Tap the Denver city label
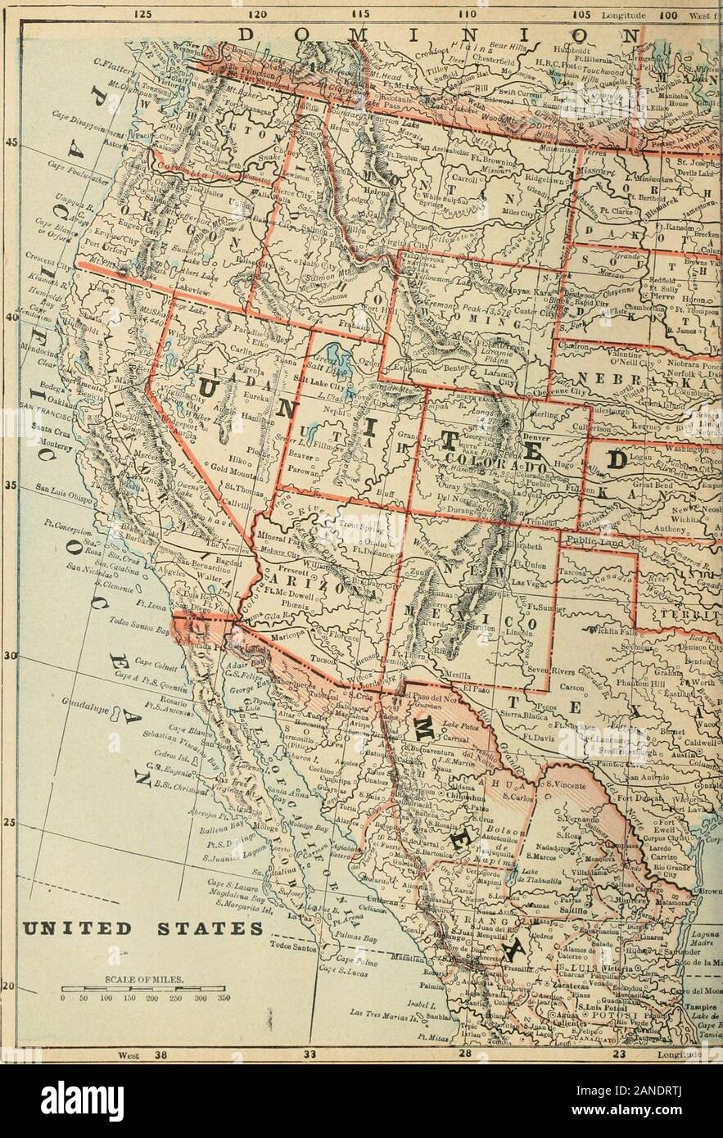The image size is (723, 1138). point(533,436)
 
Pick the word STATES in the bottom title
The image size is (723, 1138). point(204,928)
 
